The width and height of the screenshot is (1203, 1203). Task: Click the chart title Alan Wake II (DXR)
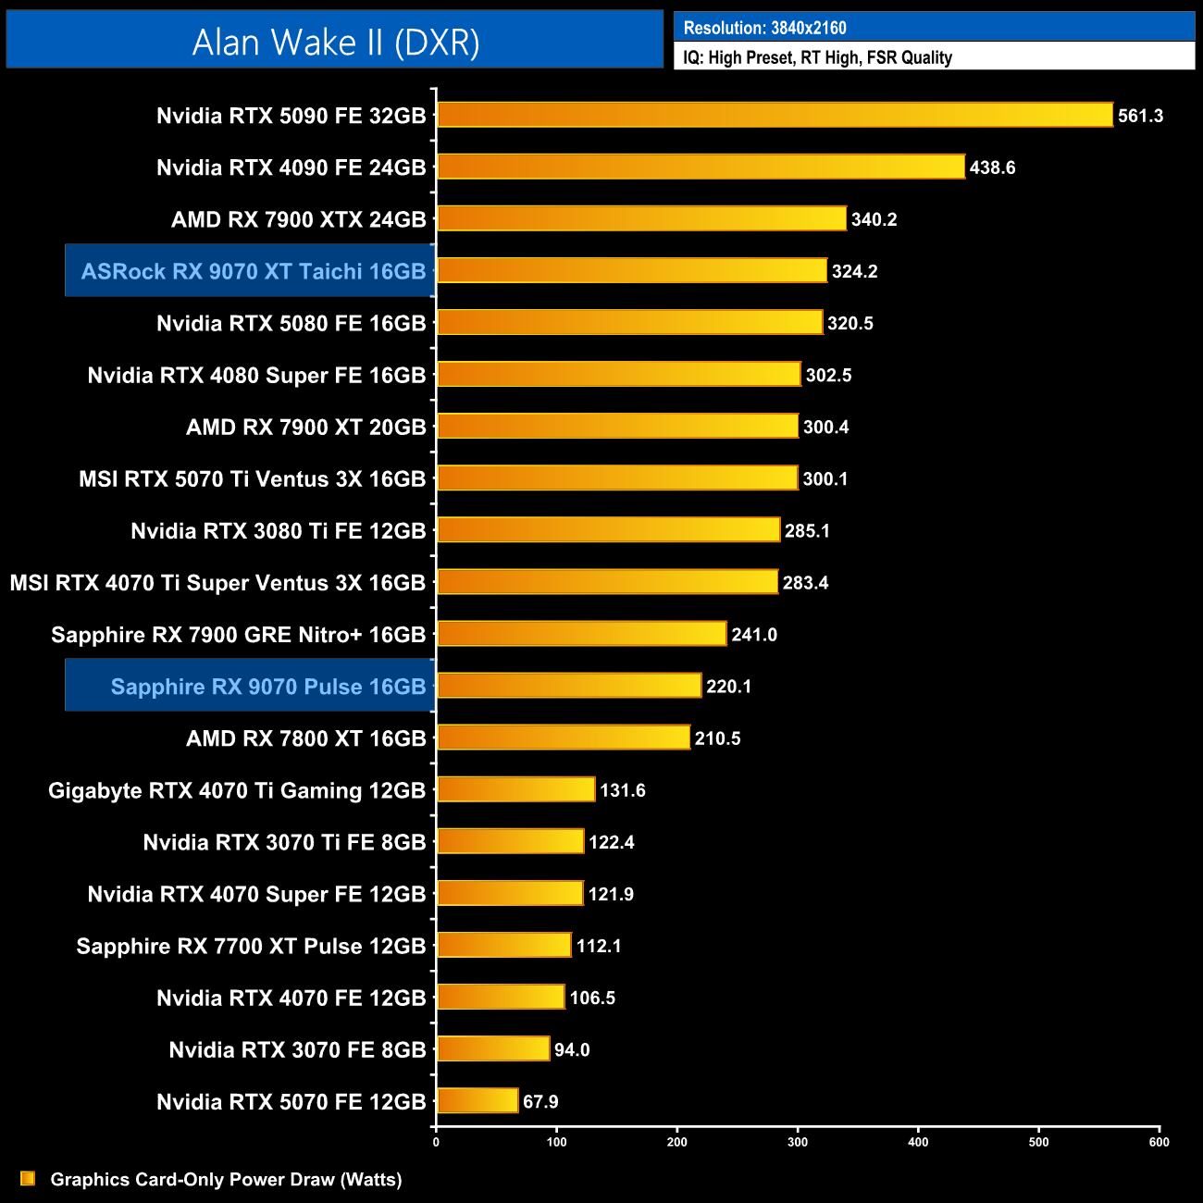point(335,43)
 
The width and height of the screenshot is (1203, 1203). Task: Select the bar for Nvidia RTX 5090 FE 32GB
point(775,115)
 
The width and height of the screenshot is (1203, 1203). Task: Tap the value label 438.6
point(992,167)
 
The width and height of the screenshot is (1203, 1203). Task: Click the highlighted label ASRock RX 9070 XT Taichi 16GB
point(253,271)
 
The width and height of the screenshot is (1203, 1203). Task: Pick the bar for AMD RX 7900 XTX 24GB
point(641,218)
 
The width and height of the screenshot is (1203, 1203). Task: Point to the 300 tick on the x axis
point(798,1142)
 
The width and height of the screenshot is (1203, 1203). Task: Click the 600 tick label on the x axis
point(1159,1142)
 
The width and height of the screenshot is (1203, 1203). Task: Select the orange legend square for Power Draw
point(28,1178)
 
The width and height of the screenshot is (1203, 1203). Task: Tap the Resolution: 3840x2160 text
point(764,28)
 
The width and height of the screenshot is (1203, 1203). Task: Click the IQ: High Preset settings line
point(817,57)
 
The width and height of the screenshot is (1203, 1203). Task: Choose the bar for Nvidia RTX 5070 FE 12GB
point(477,1100)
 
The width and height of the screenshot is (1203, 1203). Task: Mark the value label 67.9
point(540,1101)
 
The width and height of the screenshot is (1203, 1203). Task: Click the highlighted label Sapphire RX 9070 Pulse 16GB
point(268,687)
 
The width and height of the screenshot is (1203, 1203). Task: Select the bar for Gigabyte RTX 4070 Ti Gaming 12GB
point(515,789)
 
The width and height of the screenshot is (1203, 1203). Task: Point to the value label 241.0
point(754,635)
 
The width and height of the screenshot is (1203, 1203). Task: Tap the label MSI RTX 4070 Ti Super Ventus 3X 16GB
point(217,583)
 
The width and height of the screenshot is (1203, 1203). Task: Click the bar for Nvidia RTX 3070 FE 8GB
point(493,1048)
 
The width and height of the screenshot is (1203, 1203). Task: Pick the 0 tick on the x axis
point(436,1142)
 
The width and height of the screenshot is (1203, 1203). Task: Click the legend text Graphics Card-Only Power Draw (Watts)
point(226,1179)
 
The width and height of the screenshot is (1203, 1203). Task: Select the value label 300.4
point(825,427)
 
